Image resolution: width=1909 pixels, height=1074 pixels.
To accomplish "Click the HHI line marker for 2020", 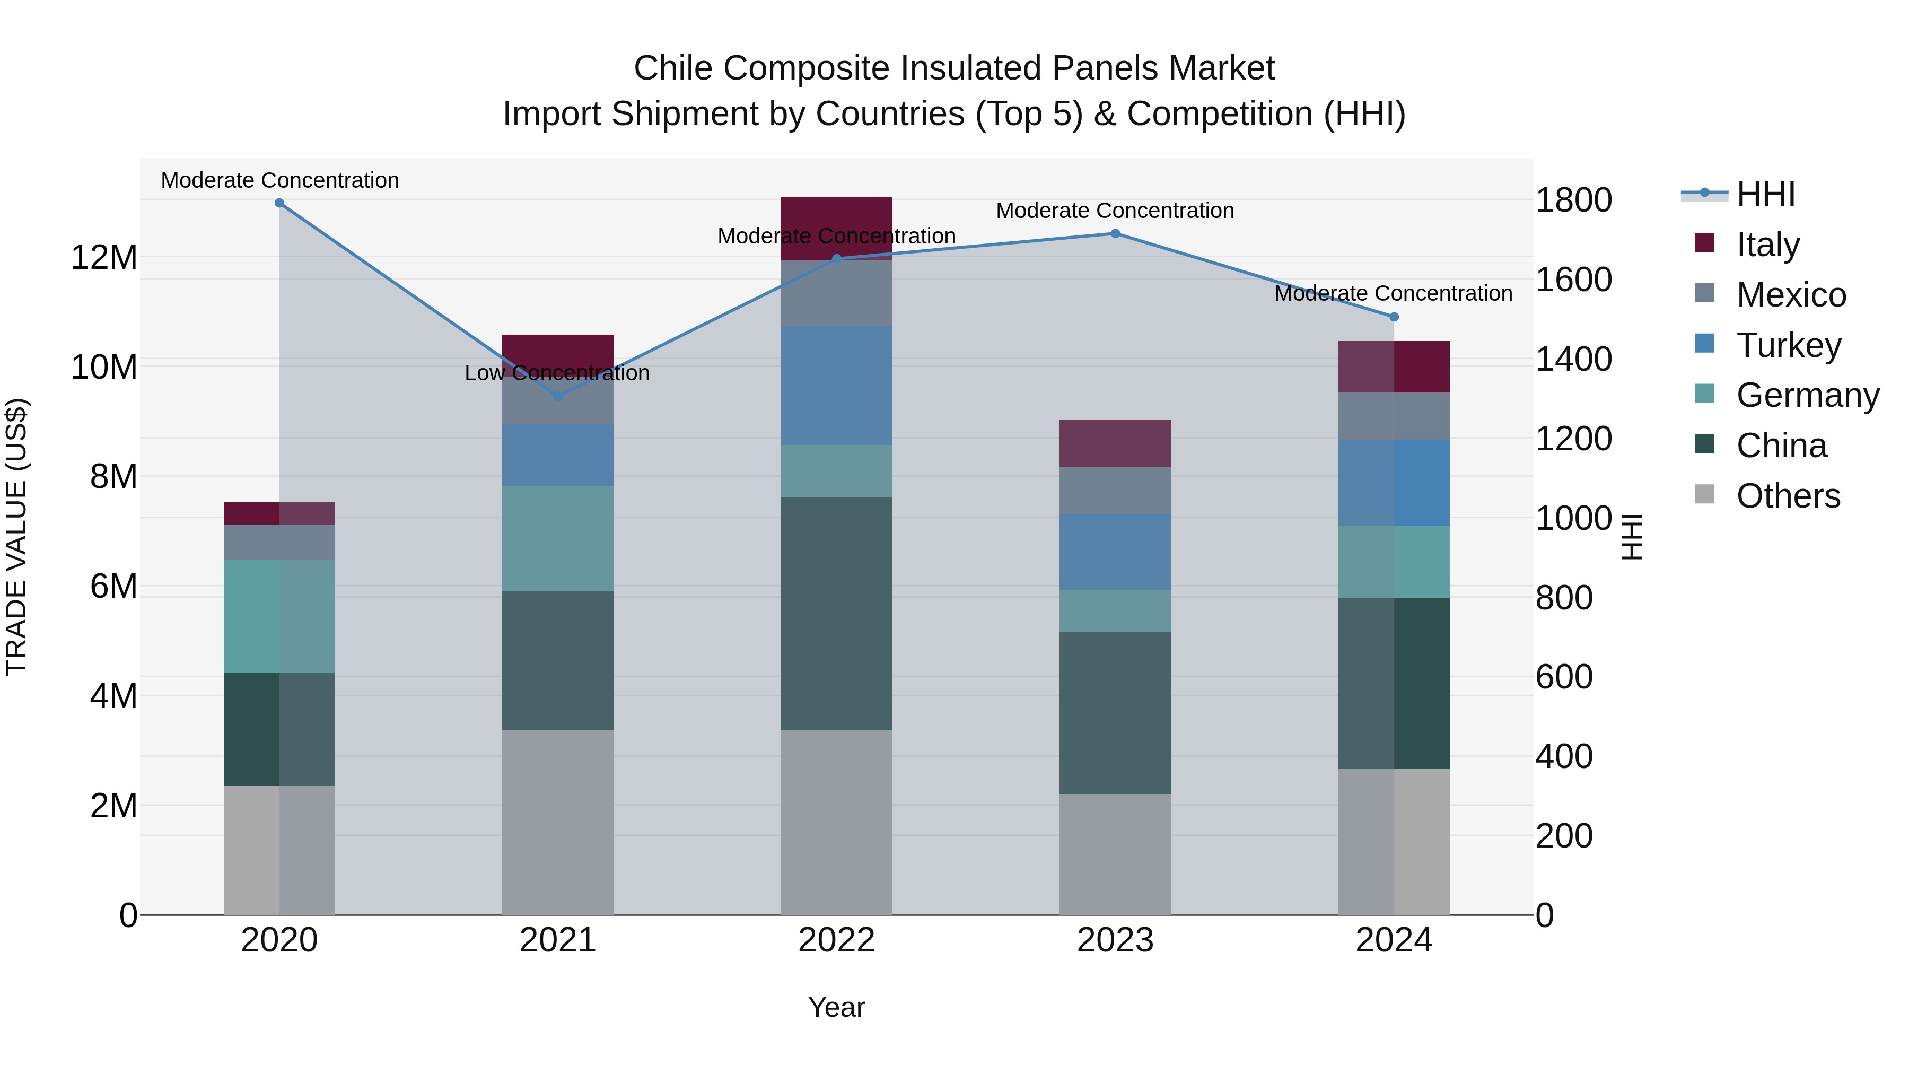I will pyautogui.click(x=279, y=203).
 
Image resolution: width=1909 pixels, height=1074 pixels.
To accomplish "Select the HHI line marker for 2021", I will pyautogui.click(x=558, y=397).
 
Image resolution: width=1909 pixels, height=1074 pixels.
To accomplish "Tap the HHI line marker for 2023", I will pyautogui.click(x=1115, y=233).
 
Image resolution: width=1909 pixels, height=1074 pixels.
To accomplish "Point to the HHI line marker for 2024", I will pyautogui.click(x=1394, y=317).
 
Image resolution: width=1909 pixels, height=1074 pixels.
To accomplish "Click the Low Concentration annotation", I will pyautogui.click(x=557, y=373).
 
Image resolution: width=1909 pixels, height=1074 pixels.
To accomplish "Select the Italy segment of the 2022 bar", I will pyautogui.click(x=837, y=228).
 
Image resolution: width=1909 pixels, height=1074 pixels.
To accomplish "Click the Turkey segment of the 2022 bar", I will pyautogui.click(x=837, y=386).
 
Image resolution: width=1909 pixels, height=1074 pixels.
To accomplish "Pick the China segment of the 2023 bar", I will pyautogui.click(x=1115, y=712).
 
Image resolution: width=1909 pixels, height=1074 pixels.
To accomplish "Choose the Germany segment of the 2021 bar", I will pyautogui.click(x=558, y=538).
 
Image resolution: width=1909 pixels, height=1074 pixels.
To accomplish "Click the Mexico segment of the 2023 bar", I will pyautogui.click(x=1115, y=490).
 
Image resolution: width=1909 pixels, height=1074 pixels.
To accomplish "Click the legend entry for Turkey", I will pyautogui.click(x=1788, y=345).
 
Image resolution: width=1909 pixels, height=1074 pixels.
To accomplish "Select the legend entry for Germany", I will pyautogui.click(x=1807, y=395).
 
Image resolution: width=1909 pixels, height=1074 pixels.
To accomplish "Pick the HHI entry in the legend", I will pyautogui.click(x=1765, y=194).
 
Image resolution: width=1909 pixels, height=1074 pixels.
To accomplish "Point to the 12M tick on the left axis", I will pyautogui.click(x=104, y=258).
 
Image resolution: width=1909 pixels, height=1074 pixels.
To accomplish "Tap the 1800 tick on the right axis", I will pyautogui.click(x=1573, y=200).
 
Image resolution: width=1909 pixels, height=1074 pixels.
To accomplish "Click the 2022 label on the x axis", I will pyautogui.click(x=837, y=940).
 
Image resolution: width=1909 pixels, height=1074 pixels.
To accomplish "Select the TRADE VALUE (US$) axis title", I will pyautogui.click(x=17, y=537).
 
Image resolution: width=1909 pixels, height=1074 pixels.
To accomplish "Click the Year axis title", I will pyautogui.click(x=837, y=1007).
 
